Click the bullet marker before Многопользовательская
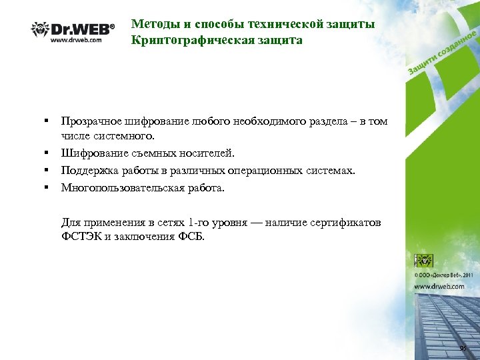tap(48, 187)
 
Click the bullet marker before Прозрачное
tap(48, 121)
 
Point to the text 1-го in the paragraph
tap(199, 223)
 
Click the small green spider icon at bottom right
tap(423, 261)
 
